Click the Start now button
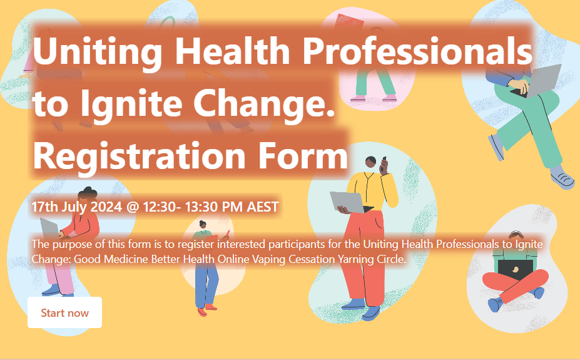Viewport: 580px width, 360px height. [64, 312]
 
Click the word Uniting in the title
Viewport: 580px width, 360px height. [98, 51]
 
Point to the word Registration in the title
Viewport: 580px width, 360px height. [140, 156]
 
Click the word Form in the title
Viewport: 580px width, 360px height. [303, 156]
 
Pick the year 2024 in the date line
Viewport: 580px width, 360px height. [106, 207]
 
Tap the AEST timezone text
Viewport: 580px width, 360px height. [263, 207]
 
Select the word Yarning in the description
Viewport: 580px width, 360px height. [355, 259]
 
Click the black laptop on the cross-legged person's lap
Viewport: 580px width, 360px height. [516, 270]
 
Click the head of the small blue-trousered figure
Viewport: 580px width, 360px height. [202, 224]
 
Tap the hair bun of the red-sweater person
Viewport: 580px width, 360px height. [87, 190]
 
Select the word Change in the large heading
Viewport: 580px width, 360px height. [264, 103]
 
